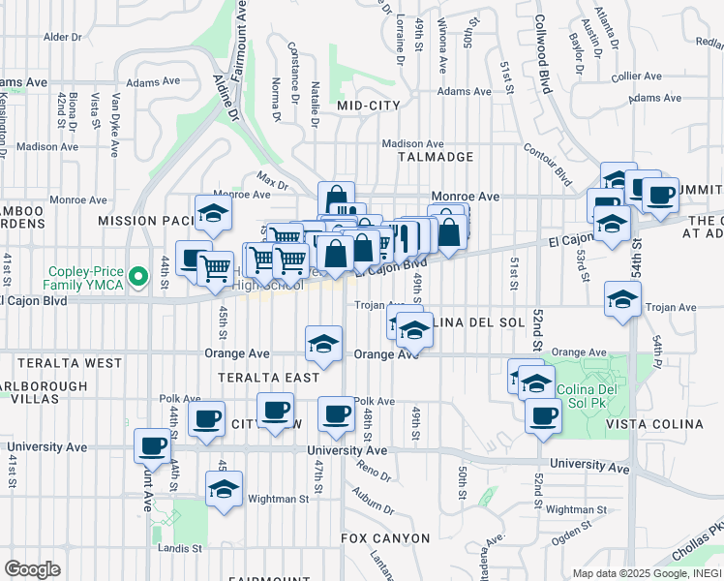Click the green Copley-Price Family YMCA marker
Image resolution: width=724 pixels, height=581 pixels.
138,278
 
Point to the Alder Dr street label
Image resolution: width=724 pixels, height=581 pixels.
63,37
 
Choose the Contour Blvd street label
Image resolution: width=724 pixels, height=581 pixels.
547,163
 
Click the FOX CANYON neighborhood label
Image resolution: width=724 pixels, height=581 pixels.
385,537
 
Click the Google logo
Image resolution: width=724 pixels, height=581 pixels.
32,569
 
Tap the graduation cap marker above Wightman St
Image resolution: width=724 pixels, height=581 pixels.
224,488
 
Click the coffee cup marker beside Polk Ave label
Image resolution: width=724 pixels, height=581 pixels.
336,413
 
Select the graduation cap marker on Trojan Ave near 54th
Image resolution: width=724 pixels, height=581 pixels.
621,298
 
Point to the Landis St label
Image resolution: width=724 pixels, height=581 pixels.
179,547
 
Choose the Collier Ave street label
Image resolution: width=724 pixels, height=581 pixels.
635,76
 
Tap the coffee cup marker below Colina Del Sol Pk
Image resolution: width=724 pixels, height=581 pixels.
543,415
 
